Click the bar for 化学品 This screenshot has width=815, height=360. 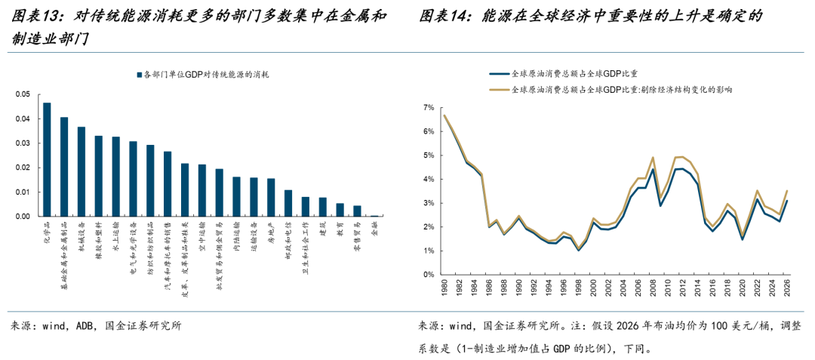click(47, 159)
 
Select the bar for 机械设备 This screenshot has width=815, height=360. click(81, 171)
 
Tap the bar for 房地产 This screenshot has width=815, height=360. click(271, 197)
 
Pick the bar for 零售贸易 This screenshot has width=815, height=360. click(357, 211)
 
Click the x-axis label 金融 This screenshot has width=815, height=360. click(375, 229)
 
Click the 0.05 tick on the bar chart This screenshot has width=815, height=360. click(23, 95)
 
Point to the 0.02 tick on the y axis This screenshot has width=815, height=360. click(23, 168)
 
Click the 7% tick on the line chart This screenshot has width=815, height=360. click(429, 108)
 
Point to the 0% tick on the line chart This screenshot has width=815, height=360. click(429, 275)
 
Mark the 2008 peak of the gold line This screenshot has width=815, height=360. click(652, 158)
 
